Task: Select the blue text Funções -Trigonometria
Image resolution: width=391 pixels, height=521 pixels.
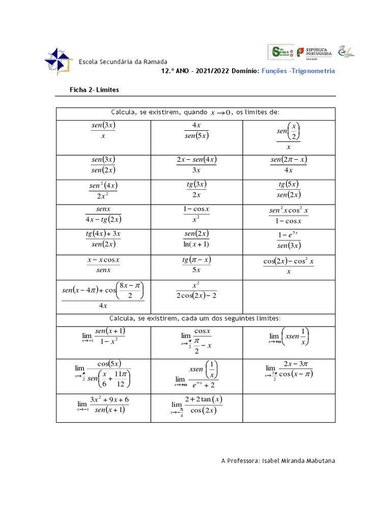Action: pos(298,71)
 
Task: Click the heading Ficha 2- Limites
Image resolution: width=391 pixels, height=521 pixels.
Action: pos(94,90)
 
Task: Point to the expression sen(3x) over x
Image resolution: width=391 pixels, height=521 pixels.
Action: pos(103,131)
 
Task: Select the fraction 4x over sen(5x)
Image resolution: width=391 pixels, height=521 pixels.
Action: pos(197,131)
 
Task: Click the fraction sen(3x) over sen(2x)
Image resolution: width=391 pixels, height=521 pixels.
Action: pos(103,165)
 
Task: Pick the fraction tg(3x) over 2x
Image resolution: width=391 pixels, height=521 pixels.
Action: pos(197,189)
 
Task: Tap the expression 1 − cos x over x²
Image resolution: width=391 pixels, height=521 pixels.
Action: pos(197,215)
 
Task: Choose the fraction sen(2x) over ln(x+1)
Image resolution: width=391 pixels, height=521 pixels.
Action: pos(197,239)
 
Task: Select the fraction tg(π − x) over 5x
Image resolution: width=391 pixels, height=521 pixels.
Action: pos(197,265)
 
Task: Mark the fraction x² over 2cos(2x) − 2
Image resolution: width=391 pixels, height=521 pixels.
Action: pos(197,291)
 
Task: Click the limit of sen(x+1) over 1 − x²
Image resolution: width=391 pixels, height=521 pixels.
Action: pos(104,336)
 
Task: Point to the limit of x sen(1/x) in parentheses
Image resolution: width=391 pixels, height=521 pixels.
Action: pos(289,337)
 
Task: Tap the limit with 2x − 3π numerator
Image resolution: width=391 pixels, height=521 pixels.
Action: pos(289,369)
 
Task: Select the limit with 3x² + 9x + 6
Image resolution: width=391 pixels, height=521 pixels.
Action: pos(103,405)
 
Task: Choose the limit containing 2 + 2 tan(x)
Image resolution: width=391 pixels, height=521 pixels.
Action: pos(197,406)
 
